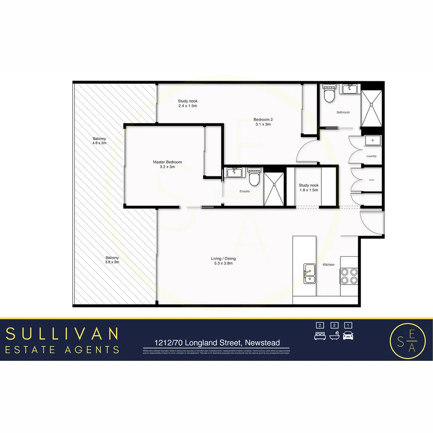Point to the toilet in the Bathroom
coord(328,95)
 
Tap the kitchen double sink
coord(309,273)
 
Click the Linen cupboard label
coord(371,180)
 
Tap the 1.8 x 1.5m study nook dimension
coord(308,190)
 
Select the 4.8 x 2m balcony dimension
coord(99,143)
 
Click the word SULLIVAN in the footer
coord(63,334)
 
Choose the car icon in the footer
coord(348,336)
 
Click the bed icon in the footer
coord(319,336)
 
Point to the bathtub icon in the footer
coord(334,336)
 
